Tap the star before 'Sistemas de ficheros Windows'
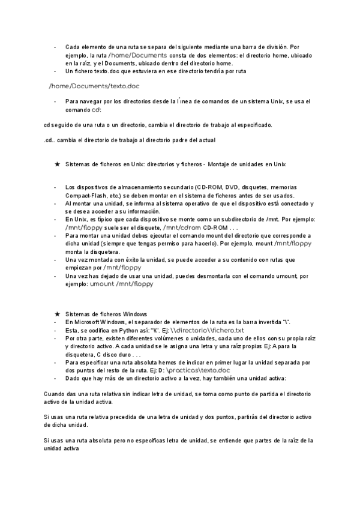pyautogui.click(x=56, y=315)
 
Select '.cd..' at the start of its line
pyautogui.click(x=51, y=140)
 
